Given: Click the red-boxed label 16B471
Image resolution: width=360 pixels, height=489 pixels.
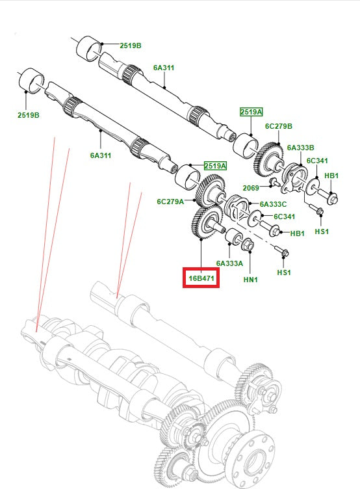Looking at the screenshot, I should [x=201, y=278].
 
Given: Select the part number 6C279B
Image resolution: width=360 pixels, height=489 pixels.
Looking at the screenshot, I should [x=279, y=126].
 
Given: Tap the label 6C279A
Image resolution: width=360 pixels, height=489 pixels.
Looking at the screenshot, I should [x=170, y=202].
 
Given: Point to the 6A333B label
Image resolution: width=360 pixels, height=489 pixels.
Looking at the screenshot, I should [x=301, y=148].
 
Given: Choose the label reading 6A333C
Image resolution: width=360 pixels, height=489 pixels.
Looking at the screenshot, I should [x=274, y=204].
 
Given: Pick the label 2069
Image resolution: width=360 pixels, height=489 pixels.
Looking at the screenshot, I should [x=251, y=188].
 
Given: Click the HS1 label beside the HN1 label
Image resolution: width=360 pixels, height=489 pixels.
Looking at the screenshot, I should [x=284, y=272].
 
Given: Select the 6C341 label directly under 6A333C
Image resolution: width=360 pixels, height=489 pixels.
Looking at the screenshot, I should [x=285, y=217].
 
